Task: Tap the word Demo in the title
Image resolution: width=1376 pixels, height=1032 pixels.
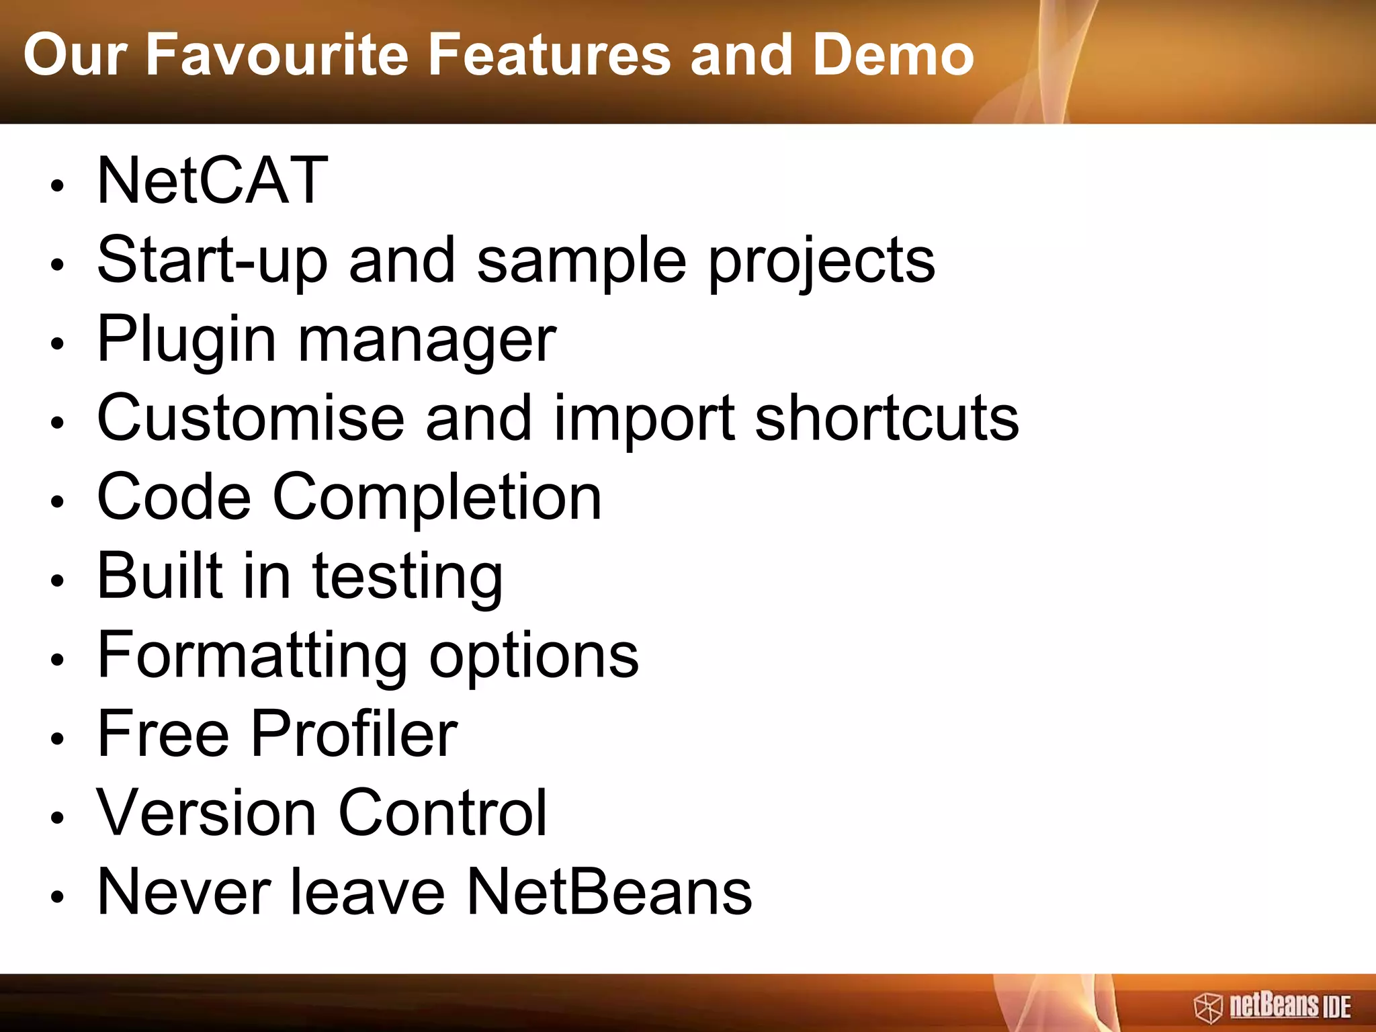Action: [893, 55]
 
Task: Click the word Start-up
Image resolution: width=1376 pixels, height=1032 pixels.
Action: [212, 261]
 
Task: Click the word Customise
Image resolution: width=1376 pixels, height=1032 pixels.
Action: [250, 418]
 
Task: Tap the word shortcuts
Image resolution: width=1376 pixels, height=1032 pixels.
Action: [886, 418]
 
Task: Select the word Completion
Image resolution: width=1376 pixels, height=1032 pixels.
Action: [437, 497]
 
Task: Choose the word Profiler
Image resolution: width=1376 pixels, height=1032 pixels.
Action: [354, 734]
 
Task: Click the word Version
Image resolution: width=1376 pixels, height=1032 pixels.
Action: [206, 813]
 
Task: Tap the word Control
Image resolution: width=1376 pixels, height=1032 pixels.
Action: [443, 813]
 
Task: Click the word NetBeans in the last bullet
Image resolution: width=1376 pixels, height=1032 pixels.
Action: [609, 892]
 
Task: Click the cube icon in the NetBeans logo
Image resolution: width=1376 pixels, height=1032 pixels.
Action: [1208, 1008]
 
